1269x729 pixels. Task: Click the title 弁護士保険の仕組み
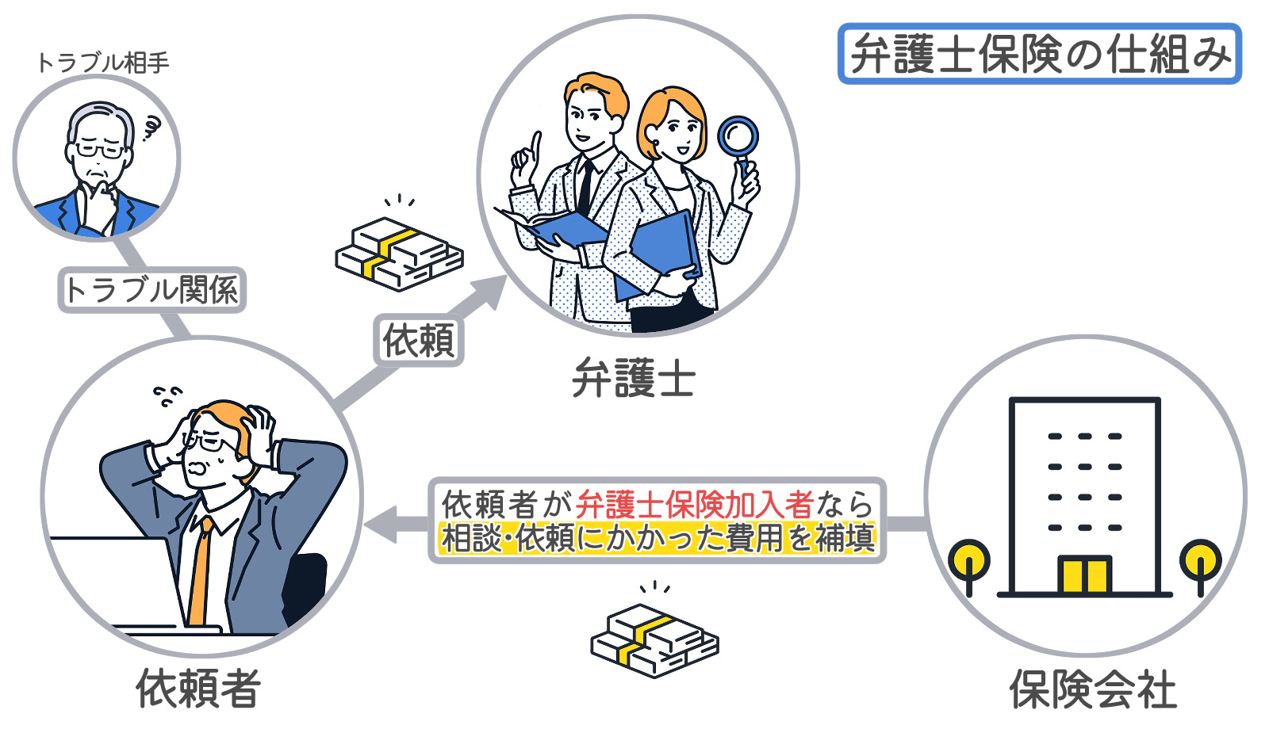pos(1040,54)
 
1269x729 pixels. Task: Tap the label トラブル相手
pos(103,63)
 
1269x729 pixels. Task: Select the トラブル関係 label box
pos(151,290)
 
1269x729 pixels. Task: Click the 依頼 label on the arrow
pos(419,340)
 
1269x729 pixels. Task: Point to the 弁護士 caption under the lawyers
pos(634,377)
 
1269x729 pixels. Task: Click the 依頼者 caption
pos(198,689)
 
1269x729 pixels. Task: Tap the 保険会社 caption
pos(1093,689)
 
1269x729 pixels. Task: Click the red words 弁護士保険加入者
pos(695,504)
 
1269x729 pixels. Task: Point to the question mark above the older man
pos(151,128)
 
